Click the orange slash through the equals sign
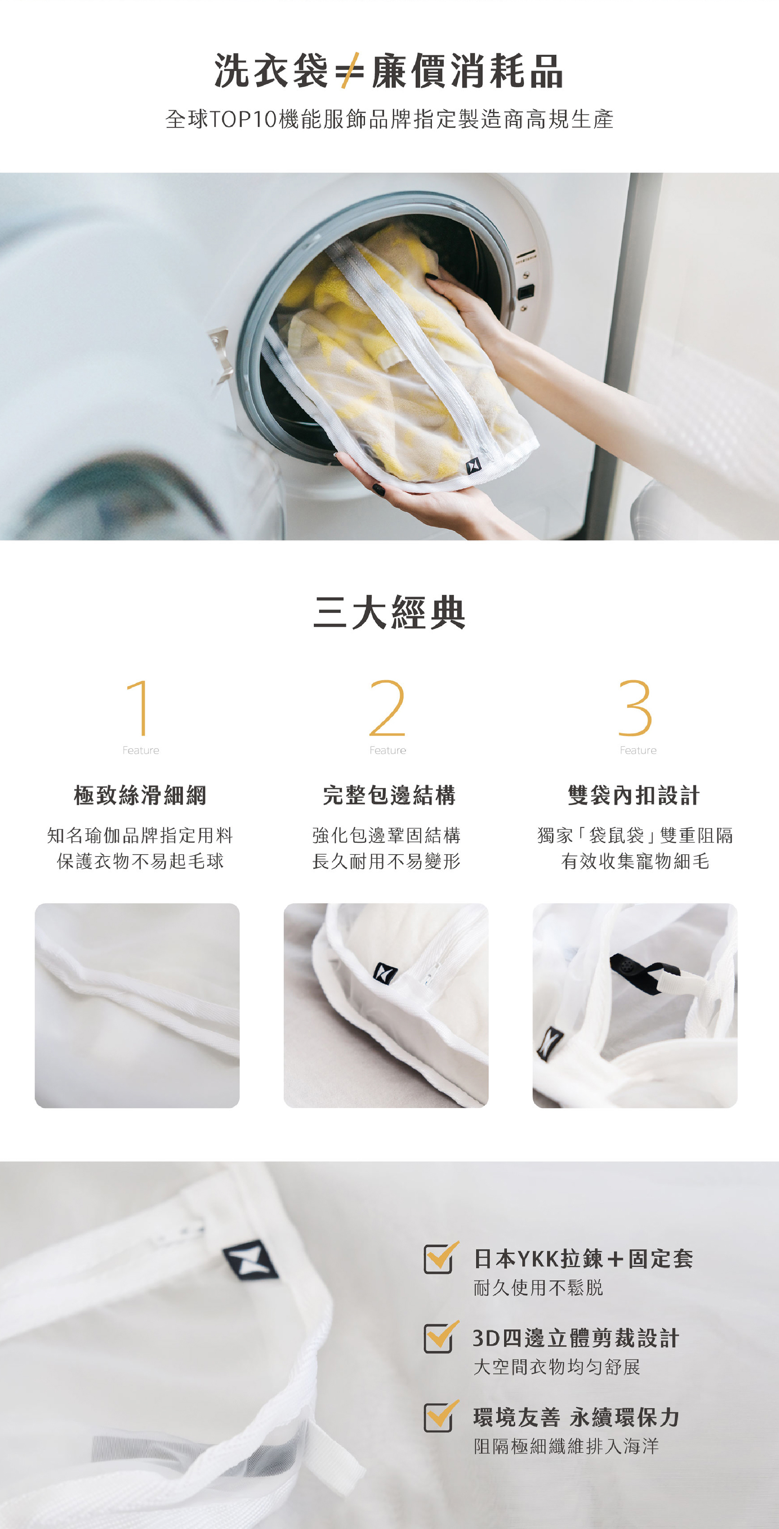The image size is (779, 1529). tap(350, 71)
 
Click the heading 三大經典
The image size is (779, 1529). tap(389, 613)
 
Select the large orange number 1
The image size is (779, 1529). tap(138, 708)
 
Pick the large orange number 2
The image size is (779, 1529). tap(387, 708)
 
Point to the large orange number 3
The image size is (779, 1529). tap(635, 708)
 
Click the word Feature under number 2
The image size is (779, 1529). tap(388, 750)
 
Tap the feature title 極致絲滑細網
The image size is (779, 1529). tap(140, 795)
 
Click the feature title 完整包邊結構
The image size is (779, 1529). tap(389, 795)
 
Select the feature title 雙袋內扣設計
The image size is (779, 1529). tap(634, 795)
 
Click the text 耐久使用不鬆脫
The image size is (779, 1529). tap(538, 1288)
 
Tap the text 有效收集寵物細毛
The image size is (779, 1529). tap(635, 861)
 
